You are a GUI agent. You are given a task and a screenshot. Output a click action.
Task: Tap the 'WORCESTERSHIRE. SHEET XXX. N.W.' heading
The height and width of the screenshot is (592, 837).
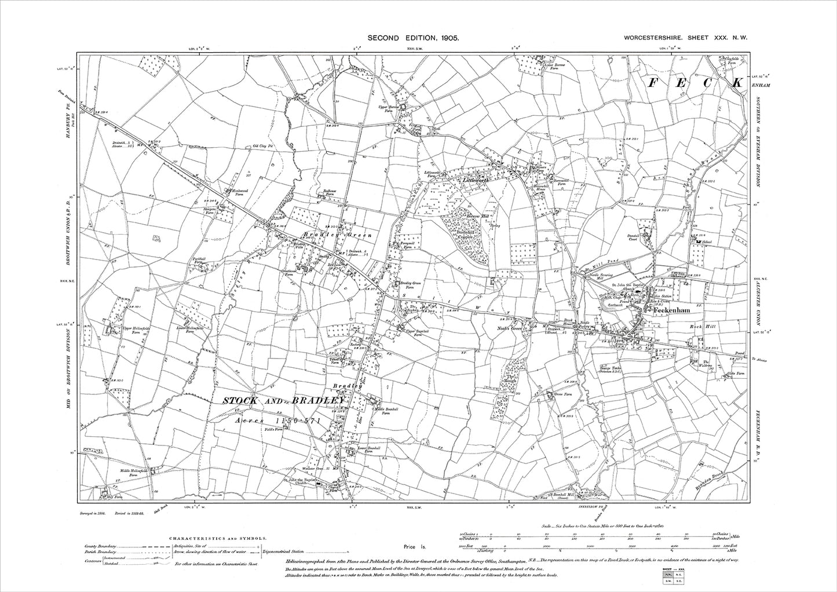tap(686, 38)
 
